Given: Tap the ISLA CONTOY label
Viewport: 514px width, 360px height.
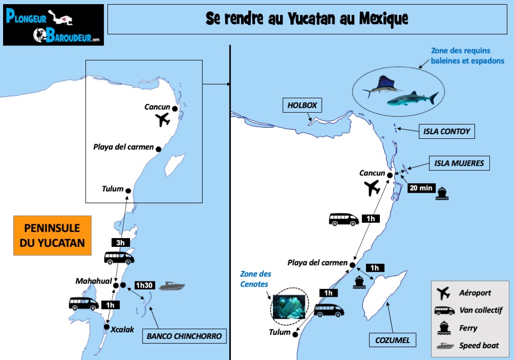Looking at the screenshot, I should pos(446,131).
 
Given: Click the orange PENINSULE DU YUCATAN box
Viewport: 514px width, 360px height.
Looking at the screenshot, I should pos(52,235).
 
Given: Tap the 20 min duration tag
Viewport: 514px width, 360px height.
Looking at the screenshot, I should pos(420,188).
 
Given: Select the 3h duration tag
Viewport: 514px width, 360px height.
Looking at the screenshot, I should pos(120,243).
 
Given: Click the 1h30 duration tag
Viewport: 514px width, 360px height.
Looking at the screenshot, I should pos(143,285).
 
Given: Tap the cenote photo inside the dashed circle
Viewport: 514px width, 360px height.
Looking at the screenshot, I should pos(289,306).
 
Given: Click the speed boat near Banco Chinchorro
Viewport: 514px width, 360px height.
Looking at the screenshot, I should pos(172,286).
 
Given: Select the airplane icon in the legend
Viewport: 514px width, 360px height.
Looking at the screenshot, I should pos(443,293).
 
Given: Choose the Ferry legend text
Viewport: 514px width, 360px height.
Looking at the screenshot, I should pos(468,328).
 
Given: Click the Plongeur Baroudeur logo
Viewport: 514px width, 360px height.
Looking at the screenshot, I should pos(53,25).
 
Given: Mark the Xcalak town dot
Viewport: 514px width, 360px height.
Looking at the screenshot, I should pos(106,327).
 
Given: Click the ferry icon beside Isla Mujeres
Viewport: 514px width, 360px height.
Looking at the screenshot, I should pos(442,193).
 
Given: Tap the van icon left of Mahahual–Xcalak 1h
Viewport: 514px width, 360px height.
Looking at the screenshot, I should pos(84,303).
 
